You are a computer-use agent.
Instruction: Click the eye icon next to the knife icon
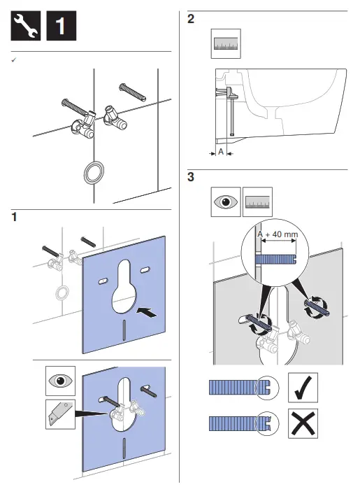click(61, 382)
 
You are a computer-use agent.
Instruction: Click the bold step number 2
click(192, 20)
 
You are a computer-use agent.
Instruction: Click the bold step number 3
click(192, 178)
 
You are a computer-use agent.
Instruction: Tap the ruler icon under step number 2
click(226, 43)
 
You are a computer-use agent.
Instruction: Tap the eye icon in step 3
click(226, 202)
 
